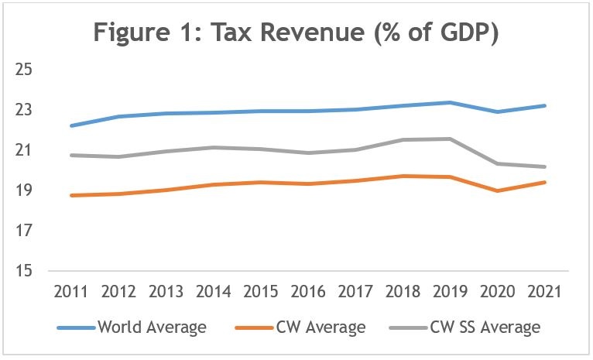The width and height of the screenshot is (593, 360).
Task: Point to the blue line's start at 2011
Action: [x=72, y=125]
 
